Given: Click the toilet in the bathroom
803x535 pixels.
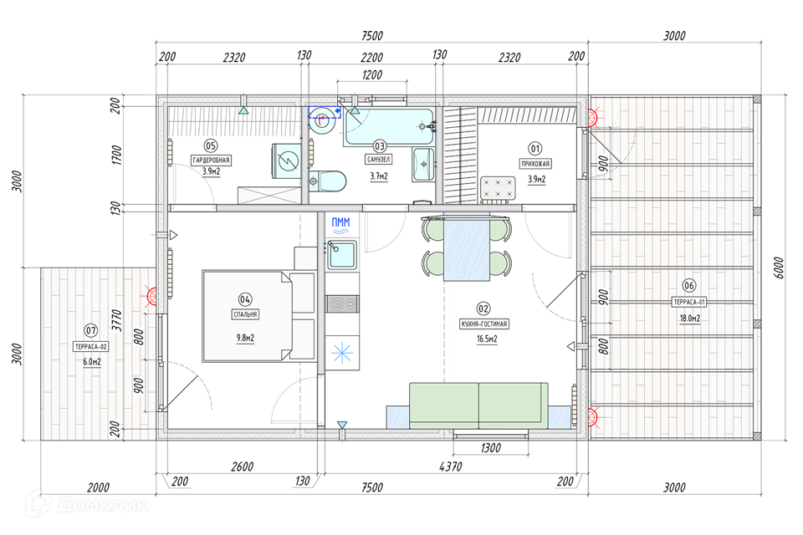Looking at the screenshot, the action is [327, 181].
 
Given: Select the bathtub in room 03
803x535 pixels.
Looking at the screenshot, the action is [390, 126].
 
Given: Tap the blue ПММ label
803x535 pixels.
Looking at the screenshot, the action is [340, 222].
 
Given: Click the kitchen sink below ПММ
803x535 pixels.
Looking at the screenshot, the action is [341, 254].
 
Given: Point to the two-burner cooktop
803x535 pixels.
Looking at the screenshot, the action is [342, 304].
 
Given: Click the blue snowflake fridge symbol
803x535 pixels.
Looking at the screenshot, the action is [341, 353].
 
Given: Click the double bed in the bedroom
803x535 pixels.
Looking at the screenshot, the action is [258, 316].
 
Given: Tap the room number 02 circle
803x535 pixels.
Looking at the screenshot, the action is [483, 308].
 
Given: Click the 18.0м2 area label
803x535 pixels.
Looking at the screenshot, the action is [689, 318].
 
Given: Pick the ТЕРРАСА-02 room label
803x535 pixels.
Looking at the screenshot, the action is [91, 347].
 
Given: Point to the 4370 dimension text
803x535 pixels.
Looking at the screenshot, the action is [450, 466].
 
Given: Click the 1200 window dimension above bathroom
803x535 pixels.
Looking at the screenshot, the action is [371, 74].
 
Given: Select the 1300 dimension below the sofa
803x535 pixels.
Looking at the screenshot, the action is [490, 448].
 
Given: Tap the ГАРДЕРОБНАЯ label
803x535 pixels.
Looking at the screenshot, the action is [211, 160].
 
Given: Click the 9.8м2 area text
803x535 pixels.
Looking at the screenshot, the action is [245, 338].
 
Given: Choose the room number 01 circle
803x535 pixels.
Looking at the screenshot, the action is [534, 149].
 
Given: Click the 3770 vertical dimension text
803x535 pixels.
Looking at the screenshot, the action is [117, 320].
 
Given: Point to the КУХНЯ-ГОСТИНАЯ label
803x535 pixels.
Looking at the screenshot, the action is [484, 324].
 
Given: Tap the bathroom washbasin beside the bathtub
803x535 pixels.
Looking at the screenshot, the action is [423, 165].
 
